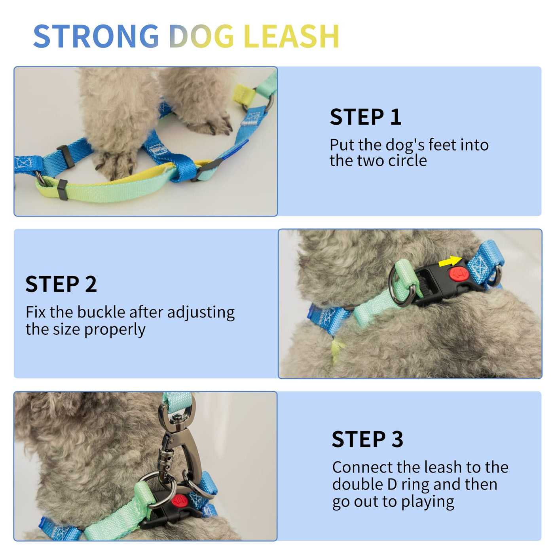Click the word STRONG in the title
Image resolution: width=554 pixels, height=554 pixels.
click(x=96, y=36)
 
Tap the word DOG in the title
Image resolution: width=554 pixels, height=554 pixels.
click(x=201, y=36)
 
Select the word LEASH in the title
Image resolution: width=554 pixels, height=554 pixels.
click(x=292, y=36)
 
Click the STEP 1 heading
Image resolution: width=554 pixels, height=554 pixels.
click(x=365, y=117)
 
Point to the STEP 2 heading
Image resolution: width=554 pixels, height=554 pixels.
click(x=61, y=284)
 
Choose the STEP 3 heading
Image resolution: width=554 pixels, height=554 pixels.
click(x=367, y=439)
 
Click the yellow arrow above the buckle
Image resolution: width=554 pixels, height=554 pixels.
click(x=450, y=261)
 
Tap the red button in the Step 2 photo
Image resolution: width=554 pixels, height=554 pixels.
click(x=459, y=273)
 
